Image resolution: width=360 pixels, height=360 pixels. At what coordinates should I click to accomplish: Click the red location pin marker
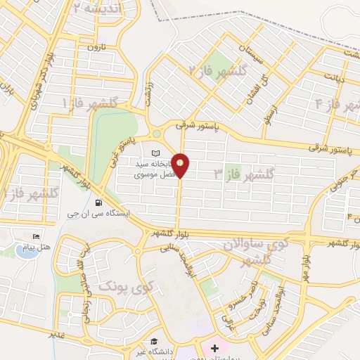click(x=181, y=165)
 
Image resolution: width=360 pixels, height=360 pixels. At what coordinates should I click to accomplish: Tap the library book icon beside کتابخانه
click(x=156, y=153)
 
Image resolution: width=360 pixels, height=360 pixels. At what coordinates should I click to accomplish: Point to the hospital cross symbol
click(x=214, y=349)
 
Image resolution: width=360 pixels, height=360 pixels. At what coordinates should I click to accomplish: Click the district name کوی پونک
click(x=124, y=287)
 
